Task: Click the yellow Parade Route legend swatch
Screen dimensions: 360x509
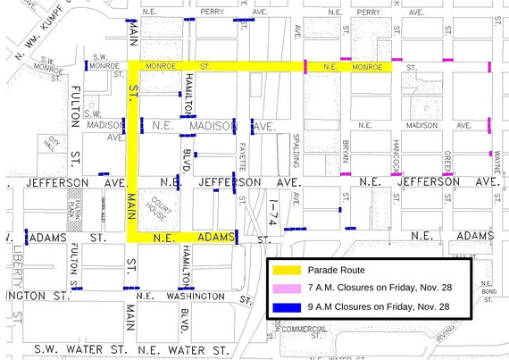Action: [x=285, y=270]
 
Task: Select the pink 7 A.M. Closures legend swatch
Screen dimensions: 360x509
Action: [x=285, y=288]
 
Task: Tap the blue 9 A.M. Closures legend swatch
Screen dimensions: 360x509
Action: [x=285, y=306]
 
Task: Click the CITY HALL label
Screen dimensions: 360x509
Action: [x=54, y=143]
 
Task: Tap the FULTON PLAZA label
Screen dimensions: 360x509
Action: [x=77, y=206]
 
